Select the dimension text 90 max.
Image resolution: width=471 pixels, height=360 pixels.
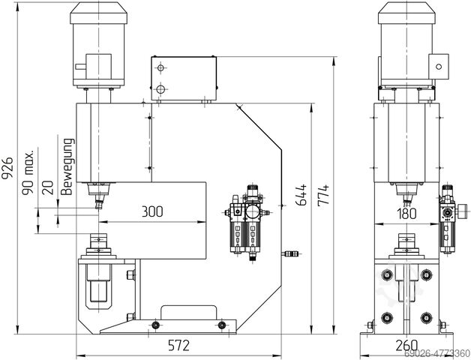tap(30, 172)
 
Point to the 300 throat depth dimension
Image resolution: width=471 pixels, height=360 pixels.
tap(151, 212)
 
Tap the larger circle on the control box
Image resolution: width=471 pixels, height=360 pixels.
tap(160, 90)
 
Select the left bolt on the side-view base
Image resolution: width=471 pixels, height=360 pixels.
tap(156, 324)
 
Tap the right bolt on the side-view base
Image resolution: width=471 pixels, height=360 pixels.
tap(222, 324)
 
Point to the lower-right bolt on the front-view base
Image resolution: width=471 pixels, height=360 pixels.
tap(427, 316)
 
